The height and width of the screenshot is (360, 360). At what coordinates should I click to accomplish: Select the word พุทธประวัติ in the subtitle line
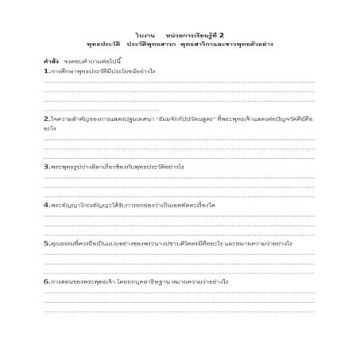103,45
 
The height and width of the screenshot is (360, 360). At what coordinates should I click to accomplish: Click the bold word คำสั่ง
52,62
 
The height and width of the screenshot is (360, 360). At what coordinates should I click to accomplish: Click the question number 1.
46,72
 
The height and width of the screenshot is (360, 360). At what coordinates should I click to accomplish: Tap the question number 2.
46,118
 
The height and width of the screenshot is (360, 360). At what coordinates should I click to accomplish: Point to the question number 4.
46,204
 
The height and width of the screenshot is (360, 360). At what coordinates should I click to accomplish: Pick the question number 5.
46,242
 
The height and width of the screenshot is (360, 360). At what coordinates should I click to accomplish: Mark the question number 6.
46,281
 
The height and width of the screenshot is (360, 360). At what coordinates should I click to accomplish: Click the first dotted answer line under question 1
179,82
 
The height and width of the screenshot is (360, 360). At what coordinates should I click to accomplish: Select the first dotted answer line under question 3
179,176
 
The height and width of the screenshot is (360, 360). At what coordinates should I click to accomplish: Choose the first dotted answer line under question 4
179,215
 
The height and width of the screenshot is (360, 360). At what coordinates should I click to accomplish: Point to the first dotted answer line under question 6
179,292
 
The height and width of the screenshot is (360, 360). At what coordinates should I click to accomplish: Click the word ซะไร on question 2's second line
49,127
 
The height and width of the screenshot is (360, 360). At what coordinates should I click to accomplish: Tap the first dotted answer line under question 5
179,253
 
